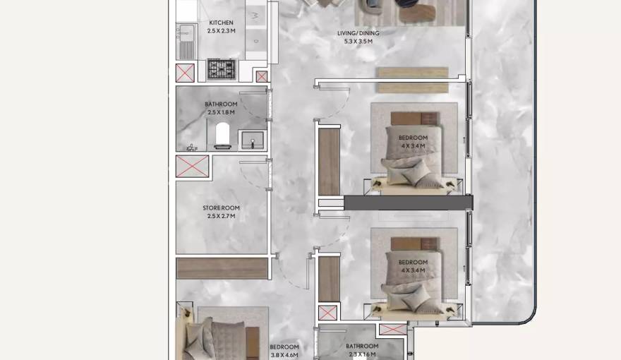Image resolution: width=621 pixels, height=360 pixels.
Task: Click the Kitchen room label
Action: [221, 23]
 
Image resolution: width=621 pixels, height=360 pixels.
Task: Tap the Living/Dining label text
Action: [358, 33]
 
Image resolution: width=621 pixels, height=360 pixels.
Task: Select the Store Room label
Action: [221, 208]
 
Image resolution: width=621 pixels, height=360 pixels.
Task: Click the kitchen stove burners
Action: [221, 69]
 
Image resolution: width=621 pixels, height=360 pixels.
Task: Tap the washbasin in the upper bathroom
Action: [252, 139]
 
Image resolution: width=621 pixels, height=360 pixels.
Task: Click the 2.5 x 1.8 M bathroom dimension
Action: [221, 112]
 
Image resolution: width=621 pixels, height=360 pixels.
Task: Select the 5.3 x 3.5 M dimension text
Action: [358, 42]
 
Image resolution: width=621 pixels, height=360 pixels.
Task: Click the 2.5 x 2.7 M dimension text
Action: [221, 216]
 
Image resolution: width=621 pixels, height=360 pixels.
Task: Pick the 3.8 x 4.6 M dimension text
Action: [284, 355]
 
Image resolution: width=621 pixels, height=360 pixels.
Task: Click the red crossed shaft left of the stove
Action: [185, 73]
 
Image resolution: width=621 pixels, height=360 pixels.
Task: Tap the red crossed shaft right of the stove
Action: [261, 76]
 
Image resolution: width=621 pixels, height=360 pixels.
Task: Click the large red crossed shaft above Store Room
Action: [192, 167]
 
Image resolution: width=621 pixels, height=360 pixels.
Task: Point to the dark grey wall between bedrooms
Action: [407, 203]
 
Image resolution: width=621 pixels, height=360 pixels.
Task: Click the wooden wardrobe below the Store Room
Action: [222, 268]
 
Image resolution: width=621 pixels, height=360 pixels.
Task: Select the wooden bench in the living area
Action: [412, 80]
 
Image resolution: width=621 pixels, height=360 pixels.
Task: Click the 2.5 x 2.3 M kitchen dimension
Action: [221, 31]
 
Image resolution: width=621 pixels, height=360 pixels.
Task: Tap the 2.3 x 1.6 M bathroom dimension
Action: [361, 354]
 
